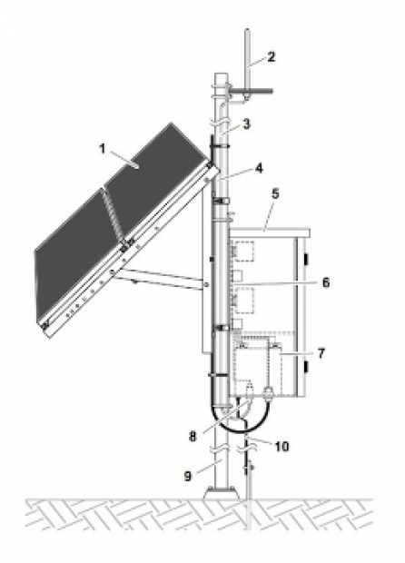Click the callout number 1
(x=103, y=148)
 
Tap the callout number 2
(x=272, y=56)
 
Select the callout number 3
(x=246, y=124)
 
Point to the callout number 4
(x=259, y=168)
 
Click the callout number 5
(x=275, y=193)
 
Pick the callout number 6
(x=326, y=282)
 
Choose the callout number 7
(x=321, y=353)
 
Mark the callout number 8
(x=193, y=436)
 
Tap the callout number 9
(x=188, y=477)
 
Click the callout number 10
(x=282, y=446)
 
